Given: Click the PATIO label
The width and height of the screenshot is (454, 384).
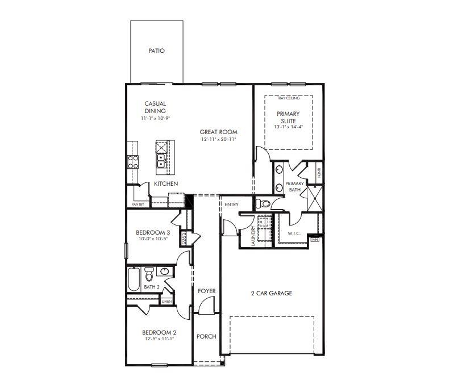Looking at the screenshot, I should coord(156,51).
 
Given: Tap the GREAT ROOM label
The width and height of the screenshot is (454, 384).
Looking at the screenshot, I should coord(218,132).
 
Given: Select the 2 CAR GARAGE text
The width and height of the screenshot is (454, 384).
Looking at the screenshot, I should coord(272,294).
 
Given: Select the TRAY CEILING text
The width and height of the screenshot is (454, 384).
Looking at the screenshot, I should coord(288,98).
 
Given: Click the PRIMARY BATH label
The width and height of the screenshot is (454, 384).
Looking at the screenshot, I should coord(295,187).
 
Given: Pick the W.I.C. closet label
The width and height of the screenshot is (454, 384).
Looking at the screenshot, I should coord(294,233).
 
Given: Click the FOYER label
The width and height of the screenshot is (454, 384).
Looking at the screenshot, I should coord(207,291).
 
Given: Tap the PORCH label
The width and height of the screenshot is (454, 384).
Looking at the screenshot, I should coord(206,336).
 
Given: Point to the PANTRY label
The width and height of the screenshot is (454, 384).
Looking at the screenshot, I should coord(138,204).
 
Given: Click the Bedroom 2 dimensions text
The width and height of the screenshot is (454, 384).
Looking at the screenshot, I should coord(159,339).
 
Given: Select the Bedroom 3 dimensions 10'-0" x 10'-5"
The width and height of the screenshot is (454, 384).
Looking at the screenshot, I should coord(152,239).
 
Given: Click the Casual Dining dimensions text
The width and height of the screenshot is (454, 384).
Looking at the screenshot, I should coord(155,118).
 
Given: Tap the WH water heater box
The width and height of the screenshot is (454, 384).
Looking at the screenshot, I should coord(315,240).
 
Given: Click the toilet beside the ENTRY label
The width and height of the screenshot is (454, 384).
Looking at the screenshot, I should coord(262,203).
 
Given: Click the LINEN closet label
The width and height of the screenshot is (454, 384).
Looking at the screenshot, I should coord(166,302).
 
